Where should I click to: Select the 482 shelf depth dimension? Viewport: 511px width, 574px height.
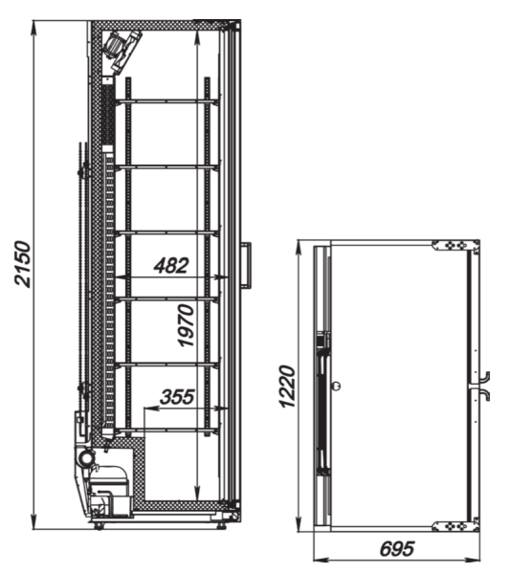[170, 265]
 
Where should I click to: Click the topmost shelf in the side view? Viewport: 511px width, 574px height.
[167, 100]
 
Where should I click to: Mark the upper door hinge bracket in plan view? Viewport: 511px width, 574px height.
[453, 246]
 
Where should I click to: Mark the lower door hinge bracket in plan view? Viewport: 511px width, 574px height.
[453, 526]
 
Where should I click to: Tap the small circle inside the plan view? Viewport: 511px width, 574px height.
[336, 386]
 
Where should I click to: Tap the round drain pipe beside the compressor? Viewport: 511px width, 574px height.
[85, 459]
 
